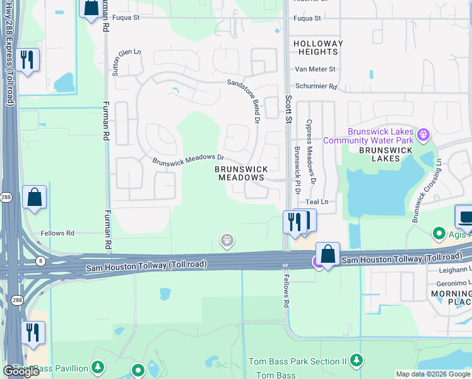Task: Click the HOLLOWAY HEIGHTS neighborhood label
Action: tap(318, 47)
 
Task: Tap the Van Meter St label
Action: tap(316, 69)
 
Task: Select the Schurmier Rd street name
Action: tap(316, 87)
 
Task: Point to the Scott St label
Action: tap(289, 108)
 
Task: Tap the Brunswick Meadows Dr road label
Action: tap(189, 159)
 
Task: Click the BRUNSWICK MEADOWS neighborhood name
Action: tap(241, 174)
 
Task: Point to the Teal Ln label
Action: tap(317, 202)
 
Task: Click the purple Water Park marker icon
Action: tap(423, 135)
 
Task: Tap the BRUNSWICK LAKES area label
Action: tap(386, 154)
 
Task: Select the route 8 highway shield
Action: tap(40, 260)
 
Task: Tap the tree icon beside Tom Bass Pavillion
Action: tap(97, 367)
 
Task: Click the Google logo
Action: tap(21, 371)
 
